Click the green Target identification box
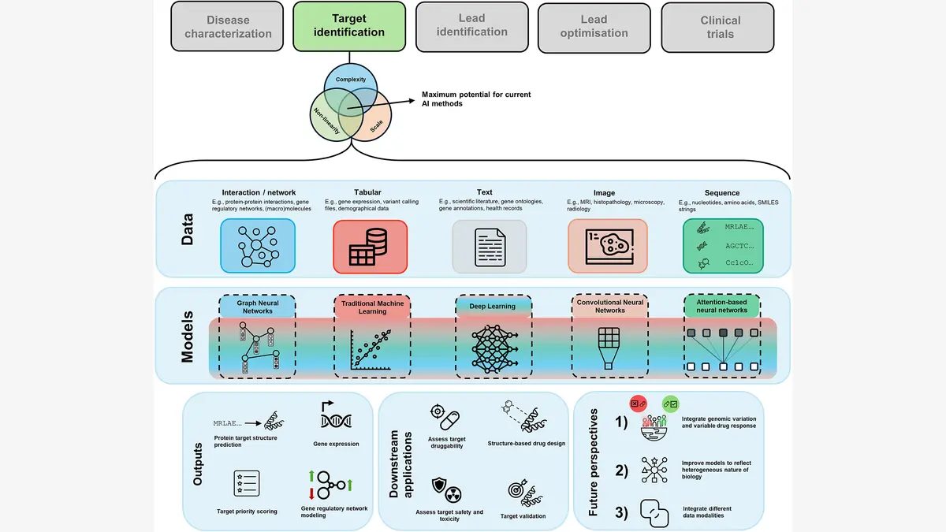coord(349,26)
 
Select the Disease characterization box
coord(228,27)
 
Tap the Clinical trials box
coord(720,27)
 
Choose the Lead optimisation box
coord(594,27)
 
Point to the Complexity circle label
coord(351,80)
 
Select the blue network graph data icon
coord(258,247)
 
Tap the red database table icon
coord(370,247)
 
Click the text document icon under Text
coord(489,247)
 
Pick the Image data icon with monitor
coord(607,246)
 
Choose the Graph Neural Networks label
coord(257,307)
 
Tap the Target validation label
coord(523,516)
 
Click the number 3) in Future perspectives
coord(622,512)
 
